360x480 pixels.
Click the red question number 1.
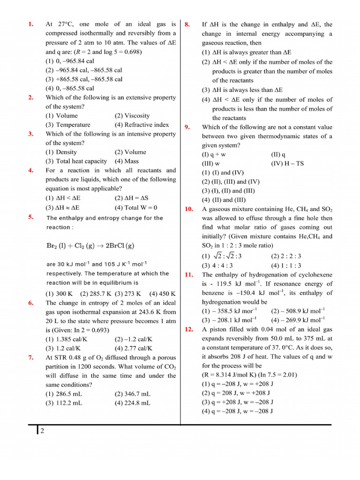pyautogui.click(x=31, y=24)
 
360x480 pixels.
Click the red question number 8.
pyautogui.click(x=187, y=24)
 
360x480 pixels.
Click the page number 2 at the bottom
pyautogui.click(x=42, y=432)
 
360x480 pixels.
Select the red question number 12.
pyautogui.click(x=189, y=330)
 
